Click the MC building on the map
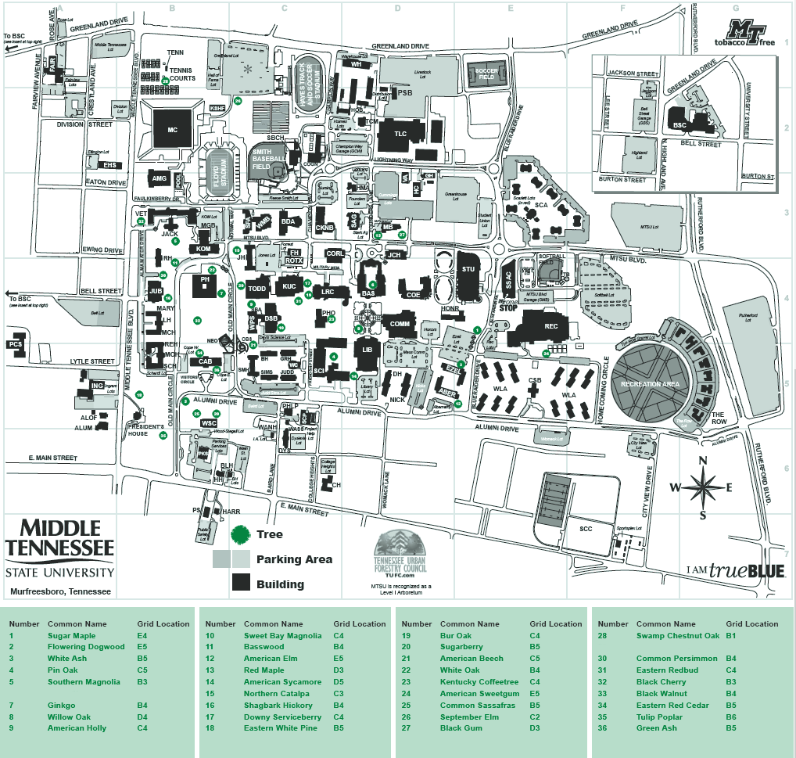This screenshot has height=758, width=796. (173, 129)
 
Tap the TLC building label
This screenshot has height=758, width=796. (400, 134)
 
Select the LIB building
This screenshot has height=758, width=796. (367, 350)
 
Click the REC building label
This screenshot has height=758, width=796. (551, 326)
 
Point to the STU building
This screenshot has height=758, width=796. (468, 270)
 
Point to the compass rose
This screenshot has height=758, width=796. (702, 487)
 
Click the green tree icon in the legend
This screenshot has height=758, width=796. (241, 534)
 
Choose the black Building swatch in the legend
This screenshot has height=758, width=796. (241, 584)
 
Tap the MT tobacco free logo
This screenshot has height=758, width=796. (749, 34)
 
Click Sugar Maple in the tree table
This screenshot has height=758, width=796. (71, 635)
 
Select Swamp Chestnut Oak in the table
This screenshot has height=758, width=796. (677, 635)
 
